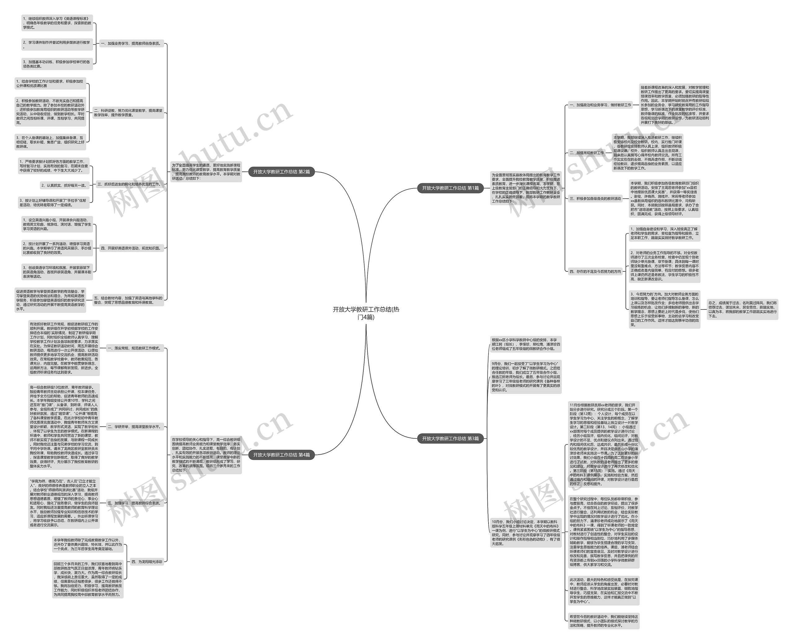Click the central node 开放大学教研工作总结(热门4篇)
point(366,313)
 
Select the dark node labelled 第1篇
point(450,188)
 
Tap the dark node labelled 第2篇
point(281,172)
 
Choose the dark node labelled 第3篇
point(450,439)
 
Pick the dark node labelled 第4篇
point(281,455)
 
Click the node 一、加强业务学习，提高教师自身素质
point(131,43)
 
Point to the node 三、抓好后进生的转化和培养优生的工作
point(129,184)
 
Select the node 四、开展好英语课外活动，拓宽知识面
point(131,248)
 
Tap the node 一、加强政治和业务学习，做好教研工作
point(600,105)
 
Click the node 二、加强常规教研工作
point(587,153)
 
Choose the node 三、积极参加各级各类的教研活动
point(595,198)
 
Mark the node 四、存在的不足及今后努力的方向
point(595,271)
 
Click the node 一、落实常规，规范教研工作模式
point(134,348)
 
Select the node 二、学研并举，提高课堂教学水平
point(134,427)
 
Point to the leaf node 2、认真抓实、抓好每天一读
point(64,185)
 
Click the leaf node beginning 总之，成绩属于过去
point(742,309)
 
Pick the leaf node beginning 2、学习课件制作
point(57,45)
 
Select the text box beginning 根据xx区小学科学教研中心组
point(525,344)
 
